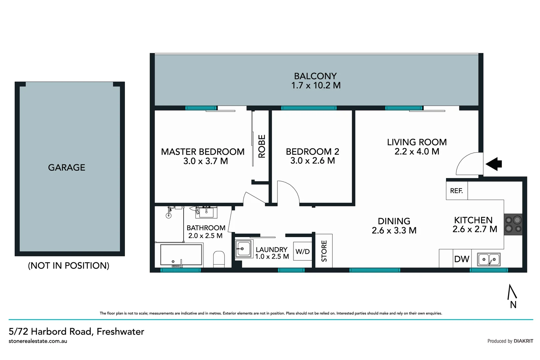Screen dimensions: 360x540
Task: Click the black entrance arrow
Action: point(494,164)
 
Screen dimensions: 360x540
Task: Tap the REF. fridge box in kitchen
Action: point(457,191)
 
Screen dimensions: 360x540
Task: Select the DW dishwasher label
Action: point(462,259)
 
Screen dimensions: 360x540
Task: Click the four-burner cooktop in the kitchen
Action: point(513,224)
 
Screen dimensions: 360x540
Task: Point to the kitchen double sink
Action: point(489,259)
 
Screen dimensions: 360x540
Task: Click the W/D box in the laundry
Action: point(302,252)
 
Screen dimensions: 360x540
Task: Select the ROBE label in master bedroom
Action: point(262,146)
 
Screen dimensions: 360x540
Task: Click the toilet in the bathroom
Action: point(219,259)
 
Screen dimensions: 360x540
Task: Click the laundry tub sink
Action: point(244,249)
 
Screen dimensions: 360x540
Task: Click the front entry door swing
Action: point(469,163)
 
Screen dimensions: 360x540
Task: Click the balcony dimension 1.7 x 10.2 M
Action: point(316,86)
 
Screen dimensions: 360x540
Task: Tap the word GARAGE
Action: point(67,168)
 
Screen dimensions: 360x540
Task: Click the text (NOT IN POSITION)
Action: point(69,266)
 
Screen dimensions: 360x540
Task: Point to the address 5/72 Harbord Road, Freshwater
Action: point(77,332)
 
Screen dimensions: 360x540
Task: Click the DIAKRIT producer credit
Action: point(523,341)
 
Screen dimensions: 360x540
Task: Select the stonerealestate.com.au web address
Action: point(38,341)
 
